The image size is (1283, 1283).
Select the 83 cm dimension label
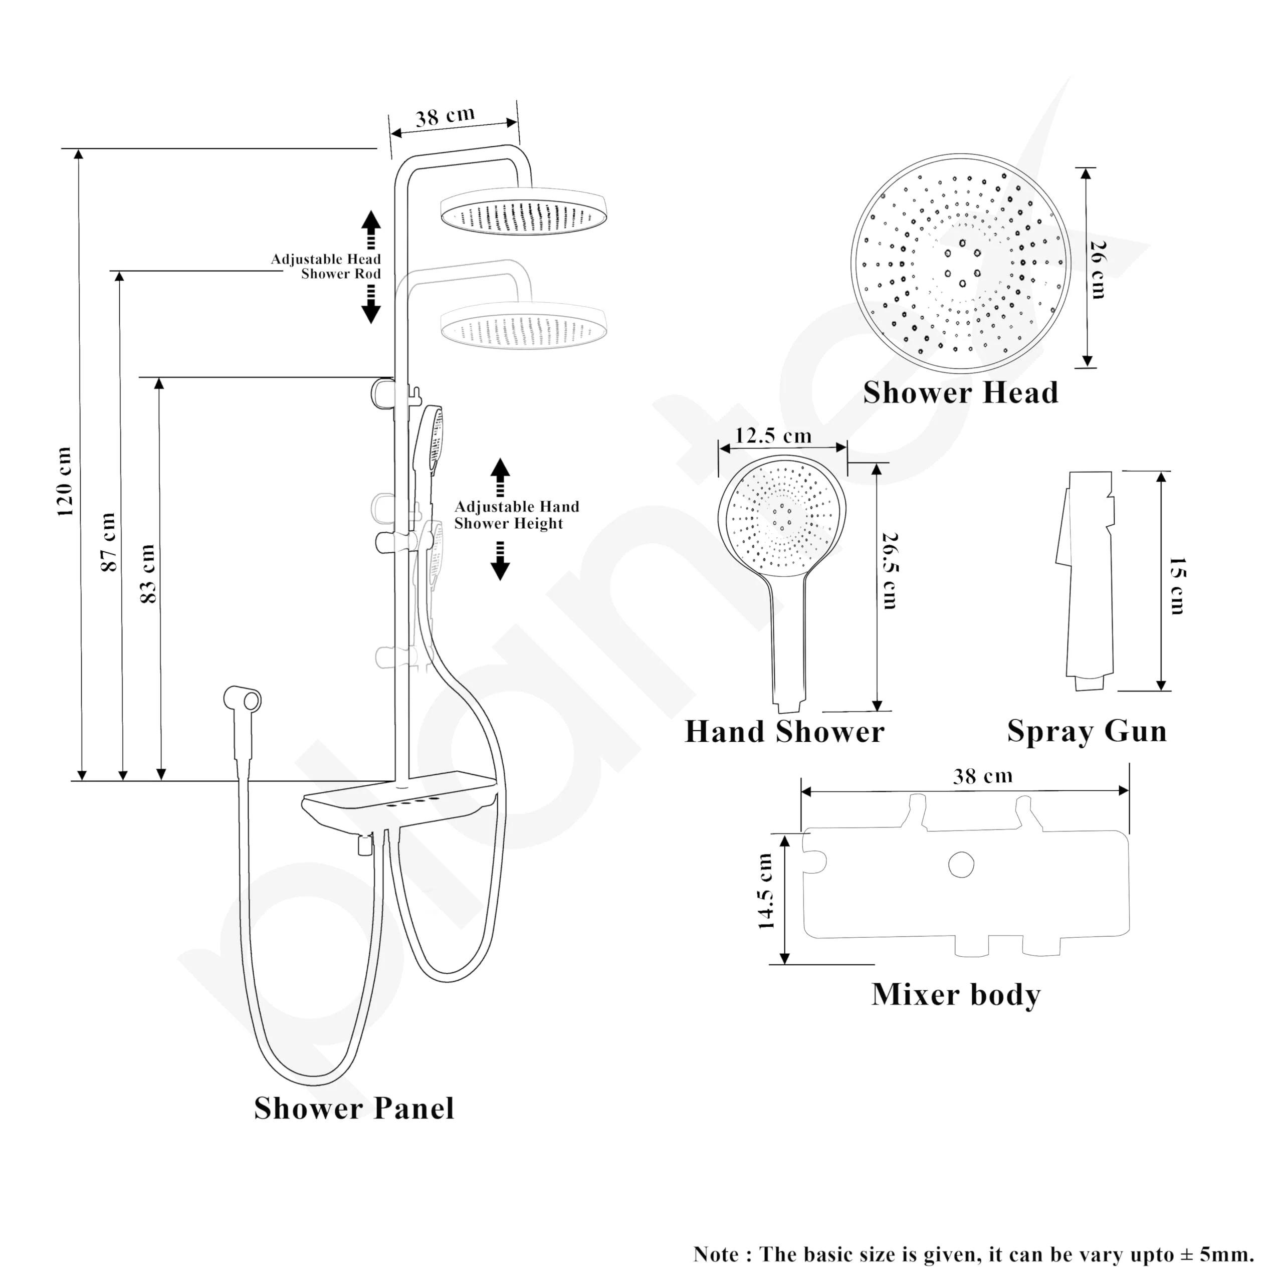click(x=148, y=574)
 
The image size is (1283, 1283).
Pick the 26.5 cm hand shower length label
click(x=890, y=571)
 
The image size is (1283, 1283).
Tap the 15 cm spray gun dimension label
click(x=1177, y=586)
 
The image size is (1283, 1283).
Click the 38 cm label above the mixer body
click(x=983, y=776)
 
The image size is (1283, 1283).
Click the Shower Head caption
click(x=960, y=392)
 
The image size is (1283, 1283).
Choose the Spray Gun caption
click(x=1087, y=732)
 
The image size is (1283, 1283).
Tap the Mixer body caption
click(x=956, y=995)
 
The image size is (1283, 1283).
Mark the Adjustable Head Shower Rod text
click(x=326, y=266)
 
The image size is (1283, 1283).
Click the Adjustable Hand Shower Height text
click(x=516, y=515)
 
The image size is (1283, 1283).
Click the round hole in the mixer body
click(x=961, y=865)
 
